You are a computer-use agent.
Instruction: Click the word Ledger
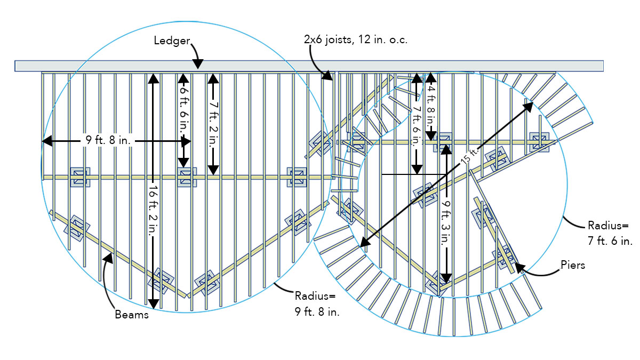(x=172, y=41)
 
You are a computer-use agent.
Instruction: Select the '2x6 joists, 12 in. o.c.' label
(x=356, y=39)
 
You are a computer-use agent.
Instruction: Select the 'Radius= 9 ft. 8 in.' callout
(x=317, y=304)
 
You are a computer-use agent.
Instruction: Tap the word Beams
(x=131, y=315)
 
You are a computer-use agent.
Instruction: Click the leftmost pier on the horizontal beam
(x=79, y=177)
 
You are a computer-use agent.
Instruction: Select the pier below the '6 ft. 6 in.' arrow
(x=186, y=177)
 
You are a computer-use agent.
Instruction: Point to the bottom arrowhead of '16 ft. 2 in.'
(x=153, y=303)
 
